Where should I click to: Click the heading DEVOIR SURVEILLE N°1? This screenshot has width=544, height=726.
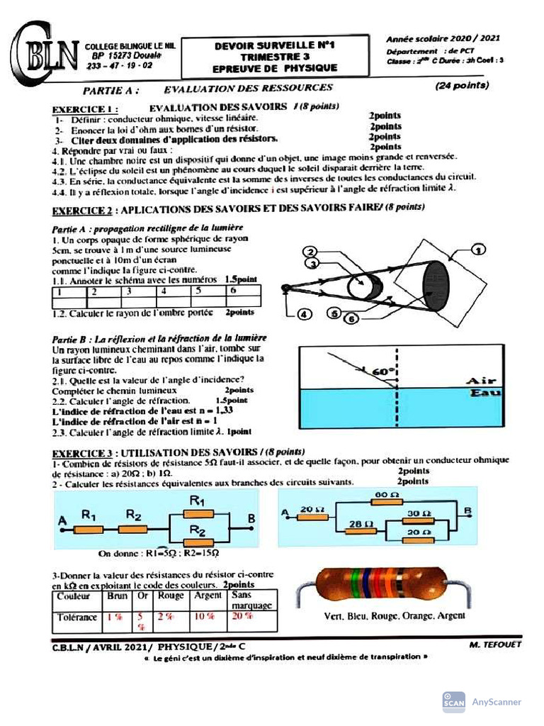275,45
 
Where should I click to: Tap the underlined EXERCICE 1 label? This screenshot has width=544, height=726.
83,109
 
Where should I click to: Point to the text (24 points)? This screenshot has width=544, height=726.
462,85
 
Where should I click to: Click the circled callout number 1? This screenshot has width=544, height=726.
479,249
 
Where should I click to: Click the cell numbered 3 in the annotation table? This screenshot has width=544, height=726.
139,291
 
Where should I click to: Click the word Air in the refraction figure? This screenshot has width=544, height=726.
482,381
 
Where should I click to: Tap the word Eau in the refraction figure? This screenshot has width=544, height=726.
485,393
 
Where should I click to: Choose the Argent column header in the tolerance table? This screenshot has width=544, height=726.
208,596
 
